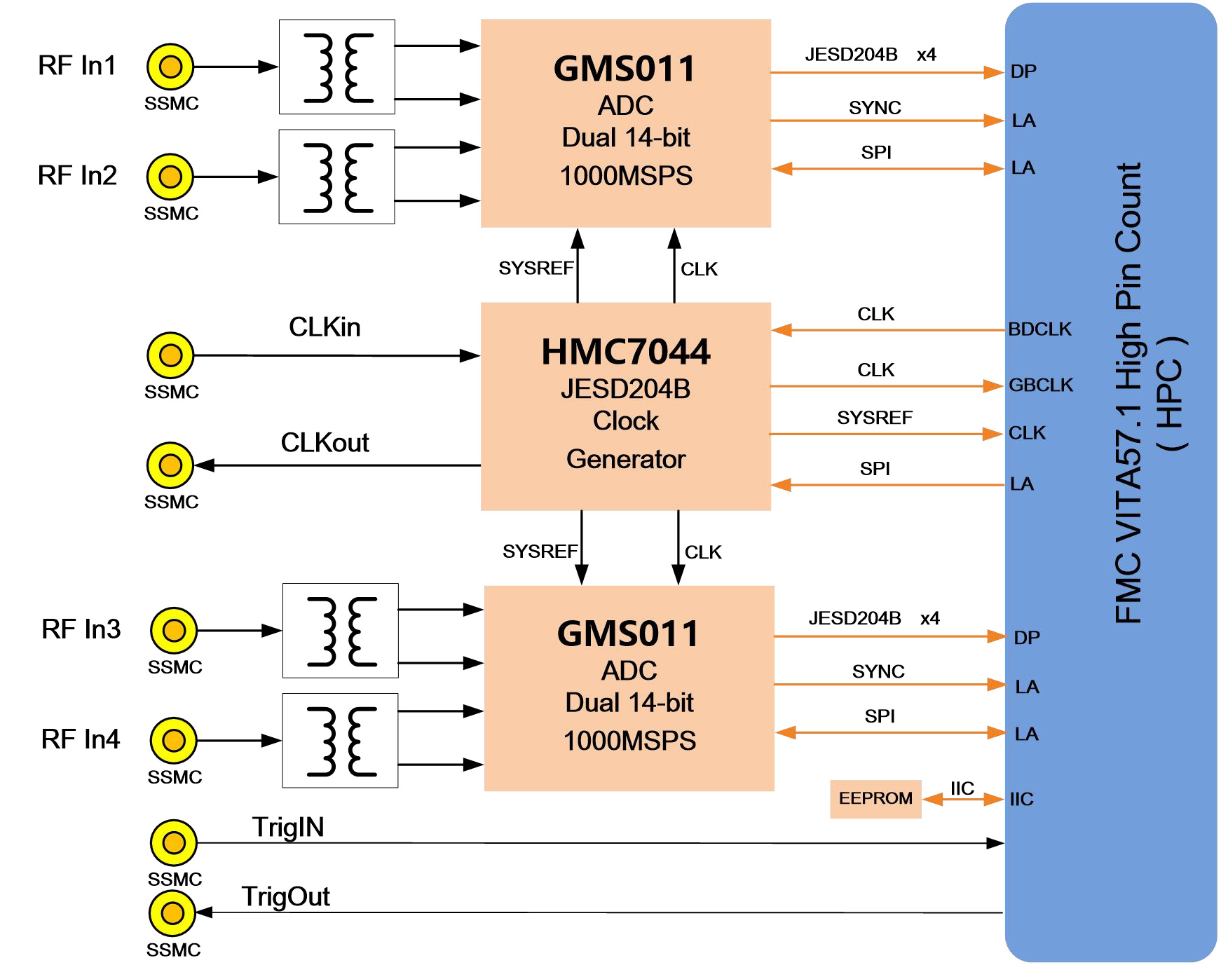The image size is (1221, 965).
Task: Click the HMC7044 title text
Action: click(x=626, y=352)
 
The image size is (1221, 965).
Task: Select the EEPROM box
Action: click(x=875, y=799)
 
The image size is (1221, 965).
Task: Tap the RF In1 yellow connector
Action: click(x=170, y=67)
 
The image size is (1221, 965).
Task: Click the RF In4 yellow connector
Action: click(x=174, y=740)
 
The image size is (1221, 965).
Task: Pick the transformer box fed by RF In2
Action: click(x=337, y=177)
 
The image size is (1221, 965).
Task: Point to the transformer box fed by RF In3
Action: click(x=341, y=631)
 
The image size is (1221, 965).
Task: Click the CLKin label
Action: click(x=325, y=327)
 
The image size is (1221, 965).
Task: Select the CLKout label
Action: click(x=325, y=443)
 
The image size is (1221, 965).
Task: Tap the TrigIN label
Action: click(x=288, y=828)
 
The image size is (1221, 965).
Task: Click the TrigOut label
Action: click(x=286, y=897)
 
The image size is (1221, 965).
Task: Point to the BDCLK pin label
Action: click(x=1040, y=329)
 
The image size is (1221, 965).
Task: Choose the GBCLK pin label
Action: click(x=1041, y=385)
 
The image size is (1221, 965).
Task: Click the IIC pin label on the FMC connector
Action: click(x=1022, y=800)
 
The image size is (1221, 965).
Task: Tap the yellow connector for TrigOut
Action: click(x=172, y=913)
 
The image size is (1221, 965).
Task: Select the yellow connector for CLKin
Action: click(x=170, y=355)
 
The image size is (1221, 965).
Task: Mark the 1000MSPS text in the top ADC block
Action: click(x=626, y=176)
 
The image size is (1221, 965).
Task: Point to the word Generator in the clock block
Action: click(x=626, y=460)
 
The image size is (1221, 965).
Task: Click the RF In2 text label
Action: click(x=77, y=175)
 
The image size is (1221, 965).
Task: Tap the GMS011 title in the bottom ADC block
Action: click(x=629, y=634)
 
